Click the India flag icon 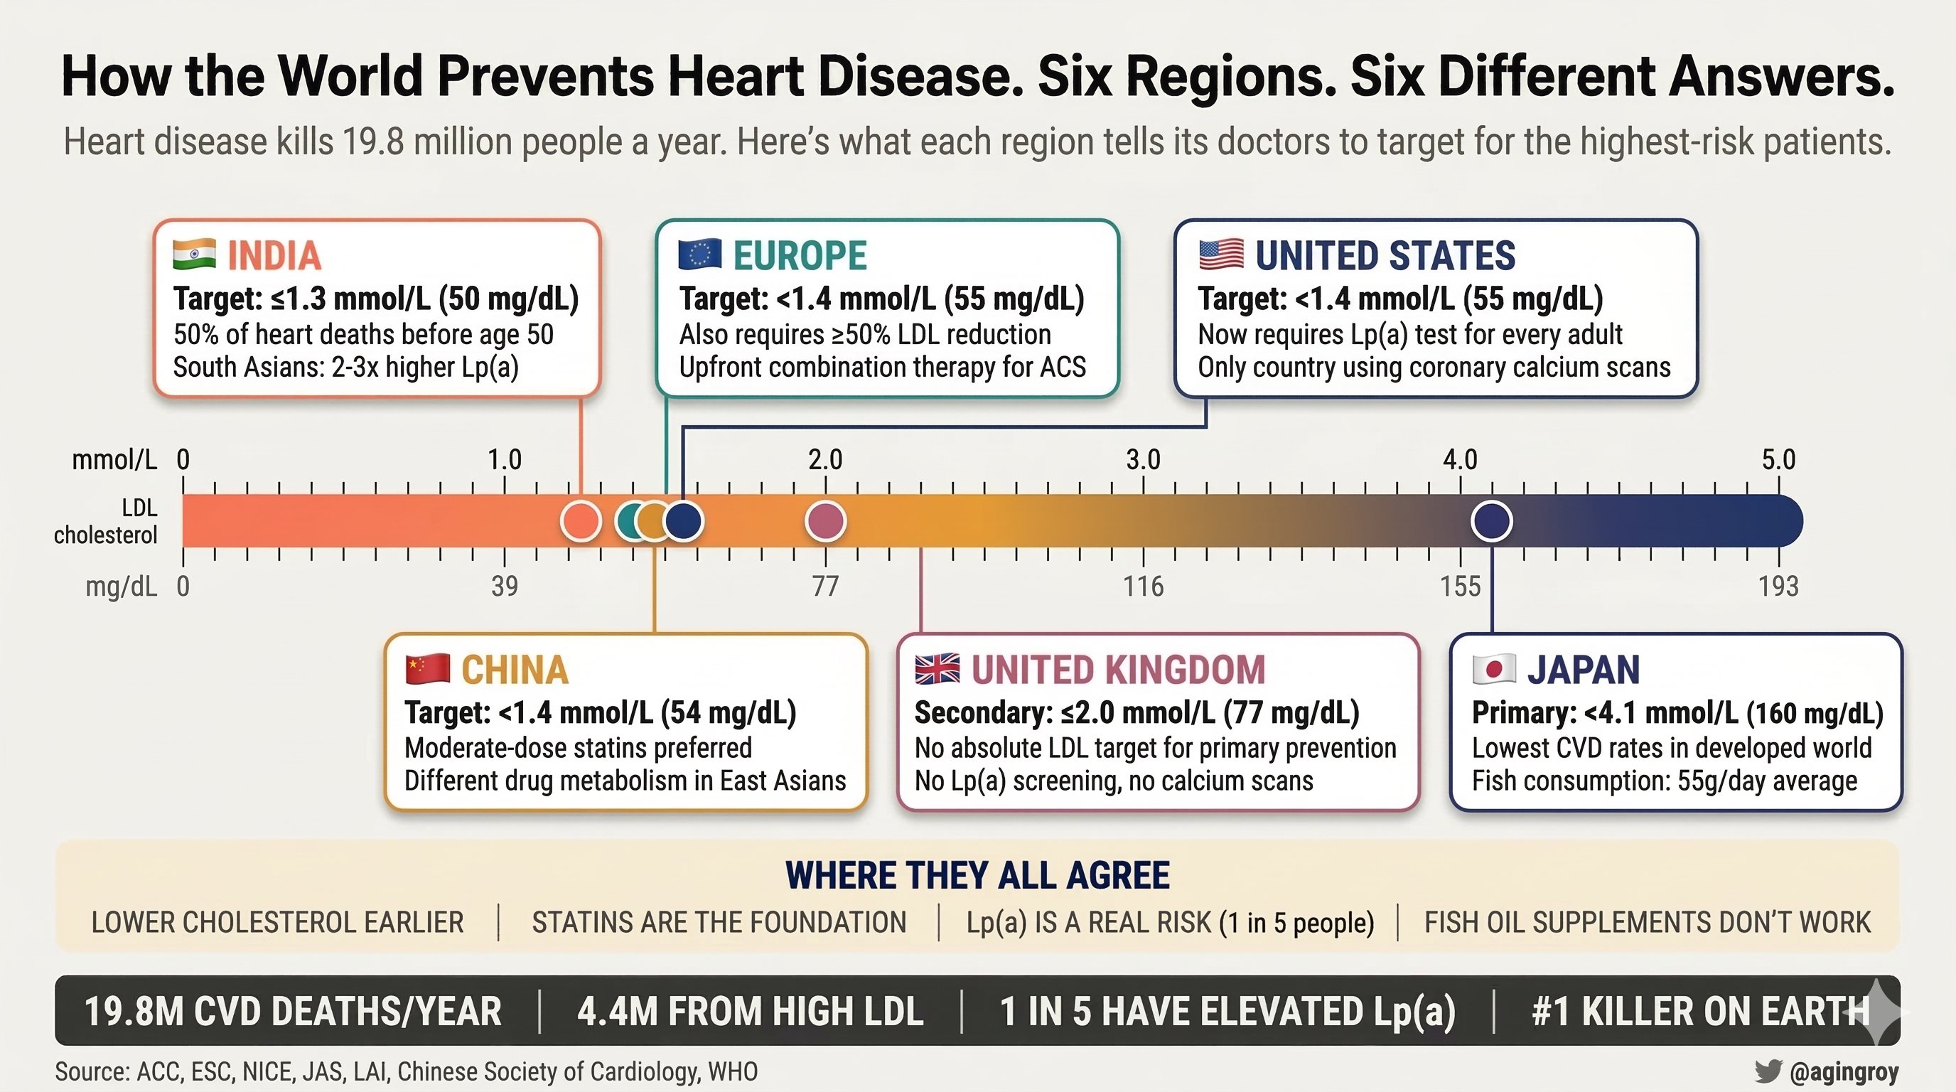(x=194, y=255)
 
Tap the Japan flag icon (x=1493, y=669)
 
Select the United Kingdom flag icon (x=937, y=669)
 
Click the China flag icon (x=427, y=669)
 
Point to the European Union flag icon (x=699, y=255)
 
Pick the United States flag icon (x=1221, y=255)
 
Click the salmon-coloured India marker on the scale (x=581, y=521)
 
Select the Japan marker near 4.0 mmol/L (x=1491, y=521)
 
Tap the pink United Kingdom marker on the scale (x=825, y=521)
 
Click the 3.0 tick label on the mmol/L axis (x=1143, y=459)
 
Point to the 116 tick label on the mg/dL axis (x=1143, y=587)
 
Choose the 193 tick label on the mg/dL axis (x=1778, y=587)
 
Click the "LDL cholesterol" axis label (x=107, y=521)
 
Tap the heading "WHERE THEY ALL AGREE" (x=977, y=876)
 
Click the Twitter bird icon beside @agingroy (x=1768, y=1071)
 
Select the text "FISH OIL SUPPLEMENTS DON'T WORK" (x=1647, y=923)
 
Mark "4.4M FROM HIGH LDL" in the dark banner (x=751, y=1012)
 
